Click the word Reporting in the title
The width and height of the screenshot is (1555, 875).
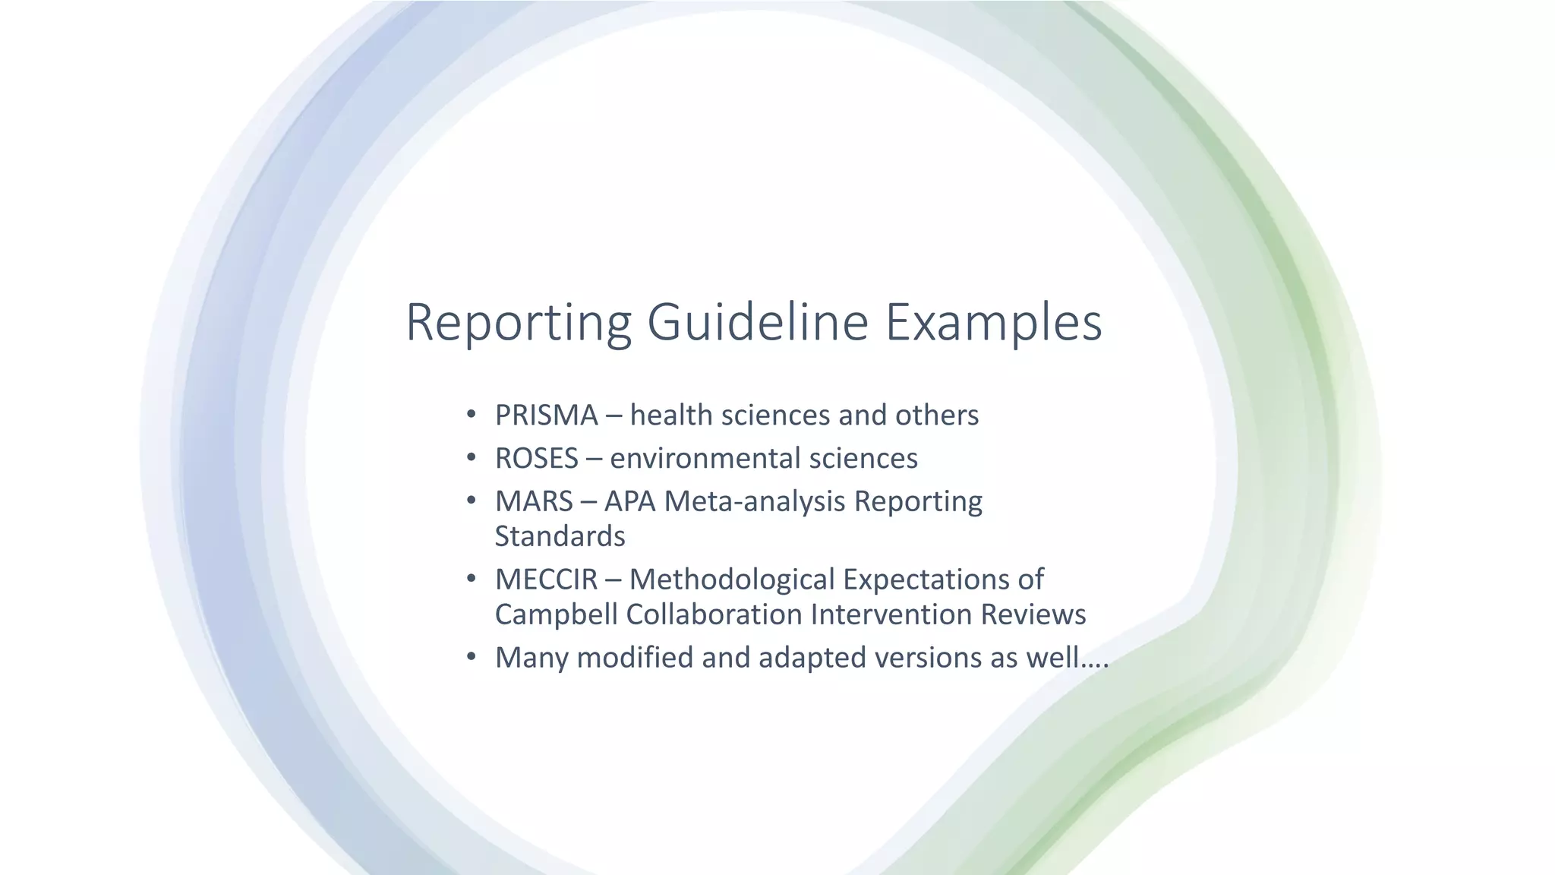click(519, 323)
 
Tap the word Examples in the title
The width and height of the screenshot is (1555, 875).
click(993, 323)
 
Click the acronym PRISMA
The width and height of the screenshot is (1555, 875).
click(546, 415)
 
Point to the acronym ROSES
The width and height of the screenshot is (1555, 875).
click(536, 459)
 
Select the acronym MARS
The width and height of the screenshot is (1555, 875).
click(534, 502)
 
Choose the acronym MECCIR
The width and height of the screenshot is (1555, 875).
click(546, 580)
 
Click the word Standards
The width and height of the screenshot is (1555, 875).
click(560, 537)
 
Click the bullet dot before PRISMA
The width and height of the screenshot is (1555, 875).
click(471, 415)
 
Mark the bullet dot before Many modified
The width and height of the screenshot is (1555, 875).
click(471, 656)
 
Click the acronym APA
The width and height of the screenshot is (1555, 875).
click(629, 502)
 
